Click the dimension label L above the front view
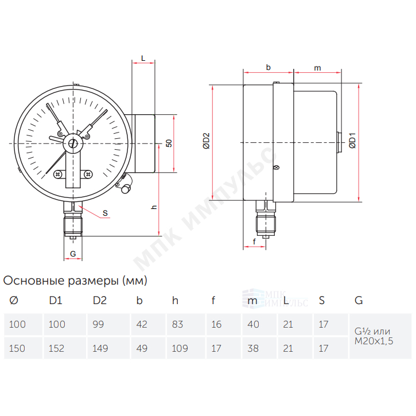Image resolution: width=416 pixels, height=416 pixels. point(143,58)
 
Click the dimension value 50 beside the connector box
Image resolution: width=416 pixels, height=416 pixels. point(169,143)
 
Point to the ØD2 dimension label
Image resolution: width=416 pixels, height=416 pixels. point(206,141)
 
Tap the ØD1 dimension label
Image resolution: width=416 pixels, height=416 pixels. point(352,141)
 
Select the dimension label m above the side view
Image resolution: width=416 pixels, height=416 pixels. point(317,68)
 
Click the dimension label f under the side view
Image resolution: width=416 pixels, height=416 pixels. point(254,242)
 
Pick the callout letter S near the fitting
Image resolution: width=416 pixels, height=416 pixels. point(106,213)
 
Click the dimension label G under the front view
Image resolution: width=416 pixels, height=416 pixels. point(73,254)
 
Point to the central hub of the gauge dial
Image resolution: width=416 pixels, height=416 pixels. point(72,143)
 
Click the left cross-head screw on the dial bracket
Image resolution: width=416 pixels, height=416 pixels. point(57,174)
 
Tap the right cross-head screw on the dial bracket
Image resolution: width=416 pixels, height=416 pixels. point(88,174)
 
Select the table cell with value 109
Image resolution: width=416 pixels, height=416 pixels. point(186,348)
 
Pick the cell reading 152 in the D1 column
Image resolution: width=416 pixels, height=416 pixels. point(65,348)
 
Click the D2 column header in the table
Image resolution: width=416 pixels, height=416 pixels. point(100,301)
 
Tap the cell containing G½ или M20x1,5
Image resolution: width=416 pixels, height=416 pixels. point(380,336)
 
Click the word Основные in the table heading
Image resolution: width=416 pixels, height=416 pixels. point(34,281)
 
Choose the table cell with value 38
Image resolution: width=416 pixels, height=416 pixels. point(259,348)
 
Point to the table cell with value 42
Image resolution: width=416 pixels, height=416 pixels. point(148,324)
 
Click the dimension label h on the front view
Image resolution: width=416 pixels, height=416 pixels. point(154,207)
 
